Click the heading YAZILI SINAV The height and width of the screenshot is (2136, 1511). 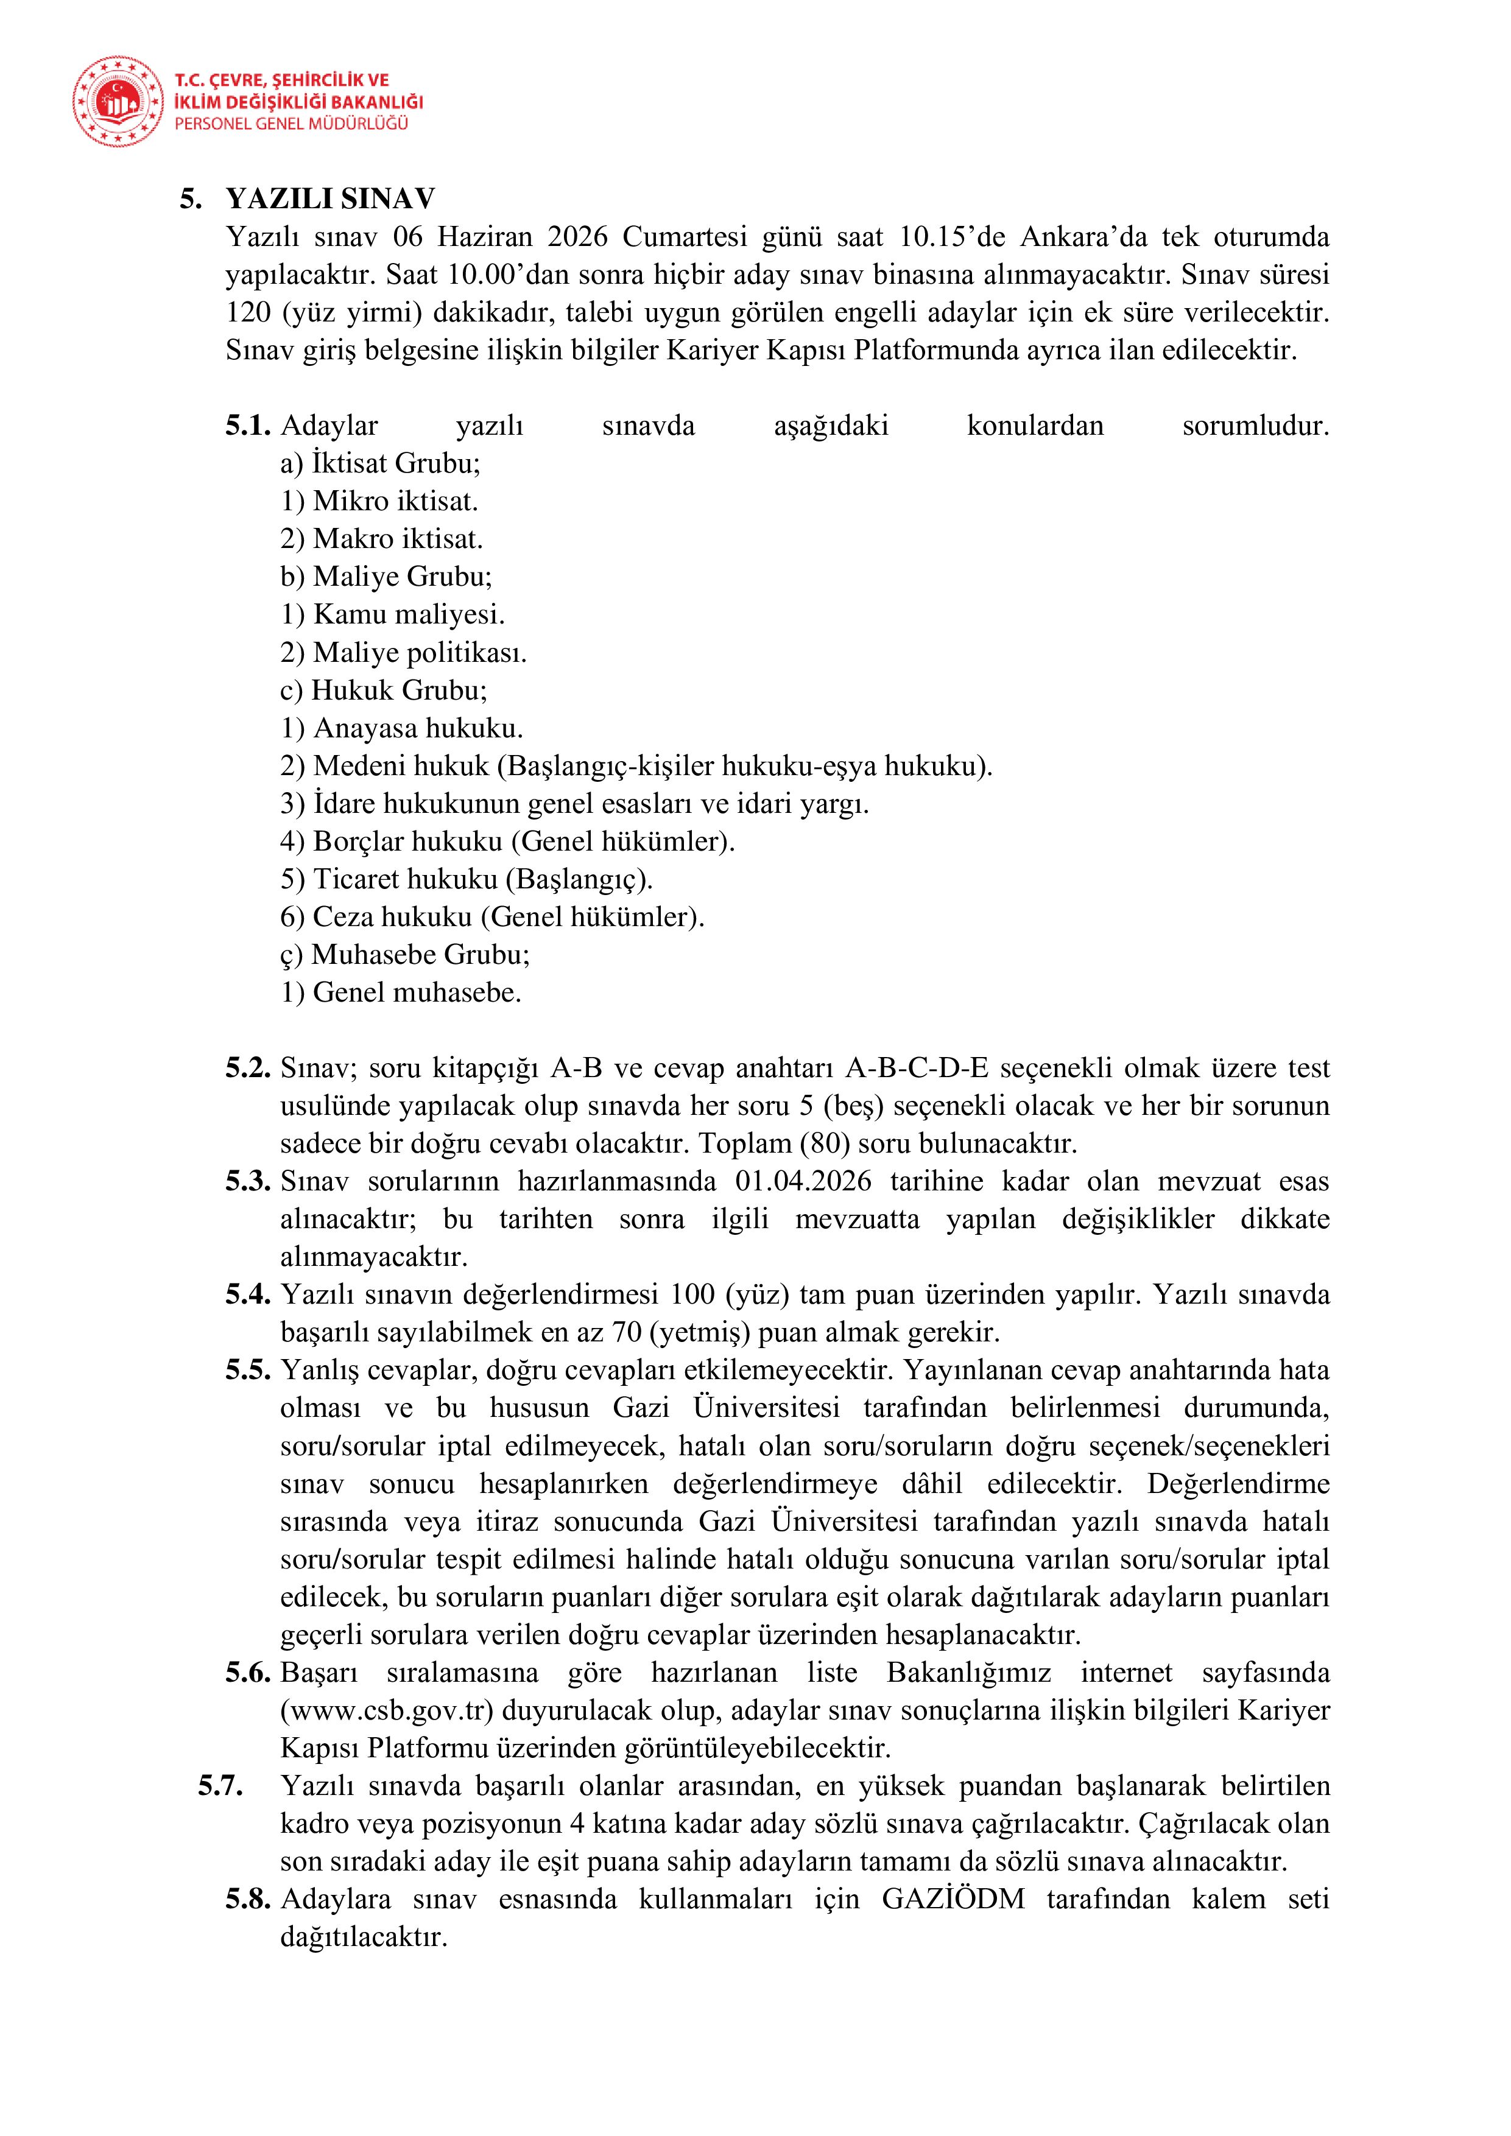pos(330,199)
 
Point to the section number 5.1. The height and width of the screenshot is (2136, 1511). pos(247,426)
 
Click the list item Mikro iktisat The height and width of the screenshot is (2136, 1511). pos(379,502)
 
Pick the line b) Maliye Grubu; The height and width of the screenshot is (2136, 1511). pos(386,577)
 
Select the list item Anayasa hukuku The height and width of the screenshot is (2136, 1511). pos(402,728)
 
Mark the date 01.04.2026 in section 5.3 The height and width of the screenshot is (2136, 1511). pos(803,1181)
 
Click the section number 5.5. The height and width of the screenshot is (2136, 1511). pos(247,1371)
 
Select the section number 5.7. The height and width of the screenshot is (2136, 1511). pos(220,1786)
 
